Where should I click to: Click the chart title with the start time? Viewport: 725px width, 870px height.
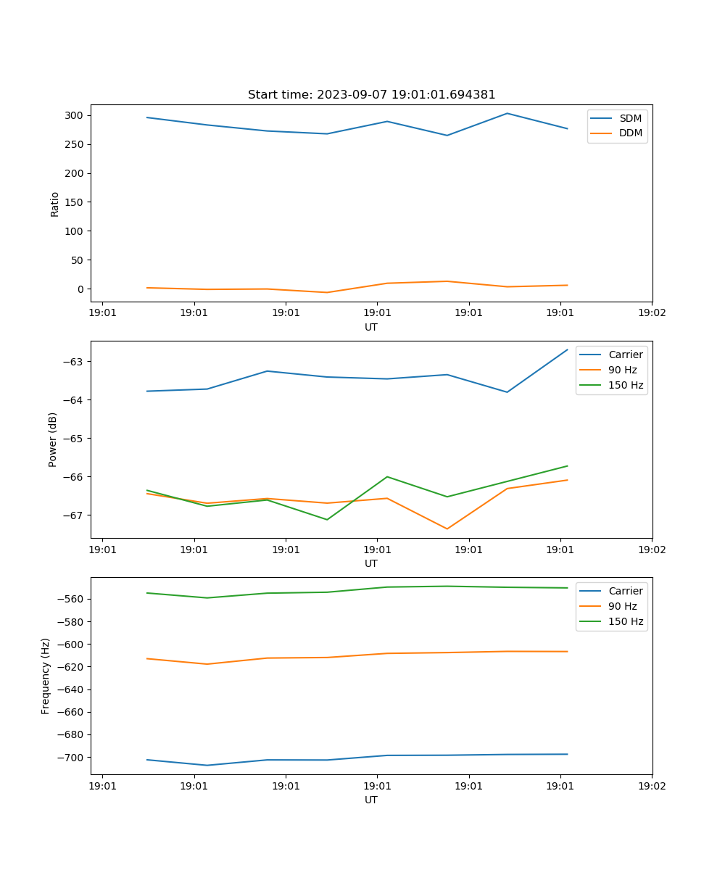pyautogui.click(x=371, y=95)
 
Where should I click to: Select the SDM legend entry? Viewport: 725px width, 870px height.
pyautogui.click(x=630, y=118)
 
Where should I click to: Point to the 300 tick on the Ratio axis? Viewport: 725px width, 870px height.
pyautogui.click(x=76, y=115)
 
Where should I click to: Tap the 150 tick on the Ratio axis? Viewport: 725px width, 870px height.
pyautogui.click(x=76, y=202)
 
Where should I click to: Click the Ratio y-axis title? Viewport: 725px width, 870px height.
pyautogui.click(x=55, y=204)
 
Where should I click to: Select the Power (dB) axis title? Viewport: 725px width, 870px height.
pyautogui.click(x=53, y=439)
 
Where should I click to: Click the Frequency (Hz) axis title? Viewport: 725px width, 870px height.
pyautogui.click(x=46, y=676)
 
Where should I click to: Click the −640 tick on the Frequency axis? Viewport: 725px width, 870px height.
pyautogui.click(x=70, y=689)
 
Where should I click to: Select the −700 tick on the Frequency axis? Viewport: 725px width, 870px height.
pyautogui.click(x=70, y=758)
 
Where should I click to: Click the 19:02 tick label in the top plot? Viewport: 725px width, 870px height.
pyautogui.click(x=652, y=314)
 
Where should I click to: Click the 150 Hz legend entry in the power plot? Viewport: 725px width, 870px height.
pyautogui.click(x=625, y=385)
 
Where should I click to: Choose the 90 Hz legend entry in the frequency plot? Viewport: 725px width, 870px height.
pyautogui.click(x=622, y=606)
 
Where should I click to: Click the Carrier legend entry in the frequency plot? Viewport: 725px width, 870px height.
pyautogui.click(x=625, y=591)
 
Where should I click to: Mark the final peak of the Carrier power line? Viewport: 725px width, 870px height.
pyautogui.click(x=567, y=350)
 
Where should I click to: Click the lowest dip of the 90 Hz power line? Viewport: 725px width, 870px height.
pyautogui.click(x=447, y=529)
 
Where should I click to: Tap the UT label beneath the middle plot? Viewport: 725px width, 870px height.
pyautogui.click(x=371, y=563)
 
